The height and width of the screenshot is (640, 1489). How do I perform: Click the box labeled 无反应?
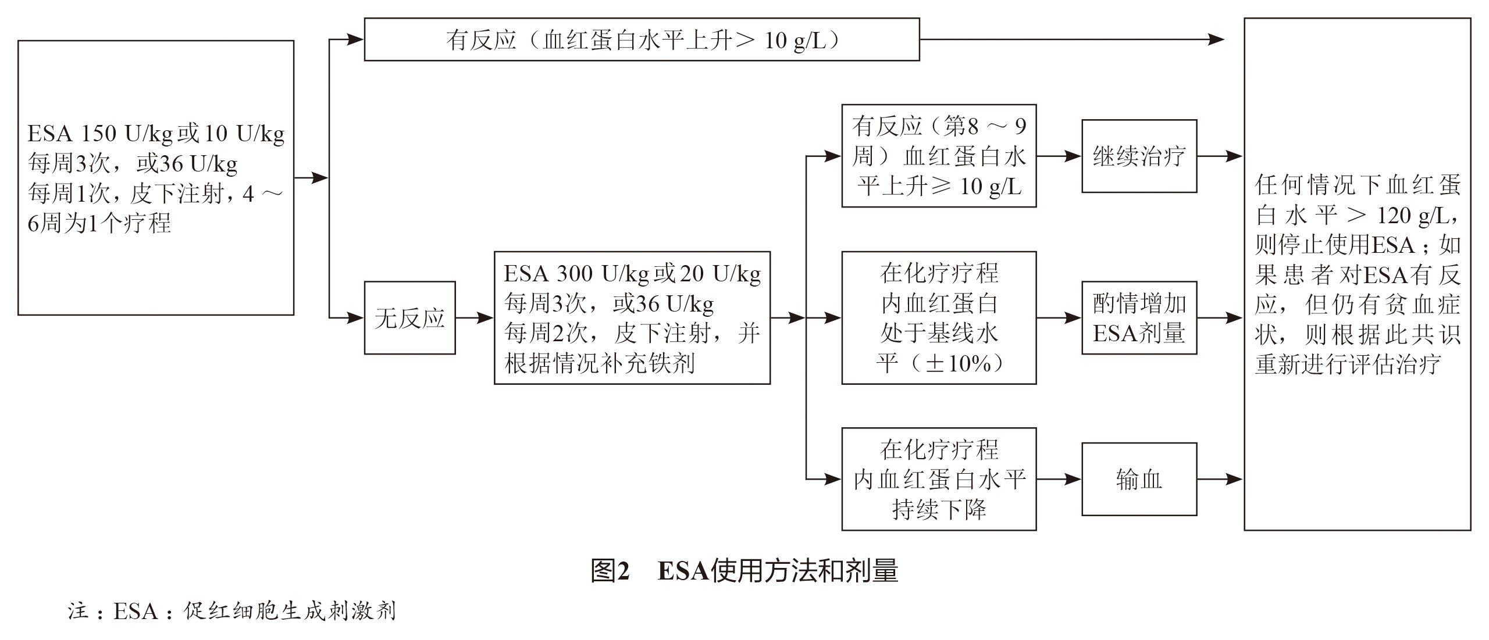(409, 318)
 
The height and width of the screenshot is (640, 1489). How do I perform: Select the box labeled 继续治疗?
(1139, 156)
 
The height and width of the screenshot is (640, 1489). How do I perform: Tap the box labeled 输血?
(1139, 480)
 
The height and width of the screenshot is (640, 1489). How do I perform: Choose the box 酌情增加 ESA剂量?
(1139, 318)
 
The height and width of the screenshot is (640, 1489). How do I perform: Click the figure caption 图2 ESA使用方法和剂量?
(744, 571)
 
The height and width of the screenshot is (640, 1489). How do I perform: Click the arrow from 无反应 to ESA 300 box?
(474, 318)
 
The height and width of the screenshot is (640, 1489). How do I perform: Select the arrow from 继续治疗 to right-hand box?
(1219, 156)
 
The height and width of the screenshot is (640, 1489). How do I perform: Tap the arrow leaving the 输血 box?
(1219, 480)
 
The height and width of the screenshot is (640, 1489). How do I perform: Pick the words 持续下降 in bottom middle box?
(939, 510)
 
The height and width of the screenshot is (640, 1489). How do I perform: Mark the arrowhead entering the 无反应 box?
(356, 318)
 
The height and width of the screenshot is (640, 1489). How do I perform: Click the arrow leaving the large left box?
(311, 178)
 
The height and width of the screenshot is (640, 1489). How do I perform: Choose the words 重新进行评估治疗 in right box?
(1348, 364)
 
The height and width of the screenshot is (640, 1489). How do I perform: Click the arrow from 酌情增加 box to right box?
(1219, 318)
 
